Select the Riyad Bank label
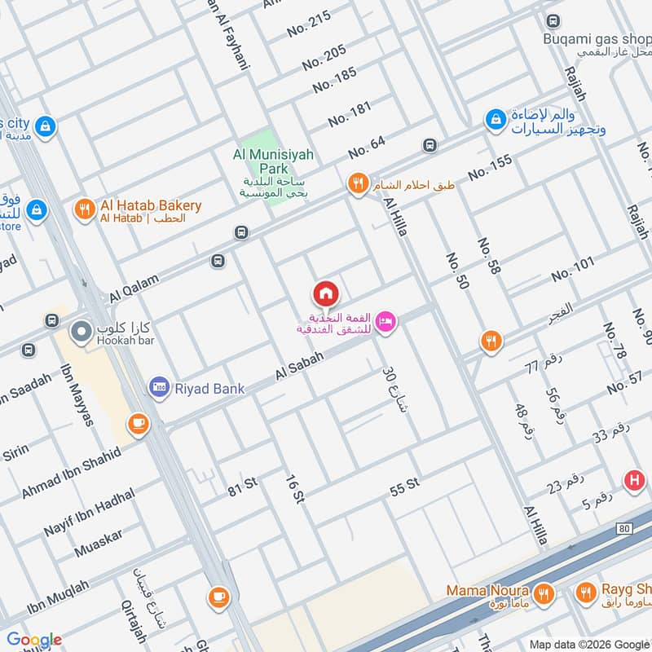[209, 389]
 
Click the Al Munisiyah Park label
[273, 161]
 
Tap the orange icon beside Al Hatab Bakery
[84, 209]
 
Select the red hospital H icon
[633, 481]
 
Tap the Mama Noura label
[487, 590]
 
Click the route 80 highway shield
[624, 529]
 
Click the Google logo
[34, 640]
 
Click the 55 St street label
[404, 485]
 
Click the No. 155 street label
[490, 167]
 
